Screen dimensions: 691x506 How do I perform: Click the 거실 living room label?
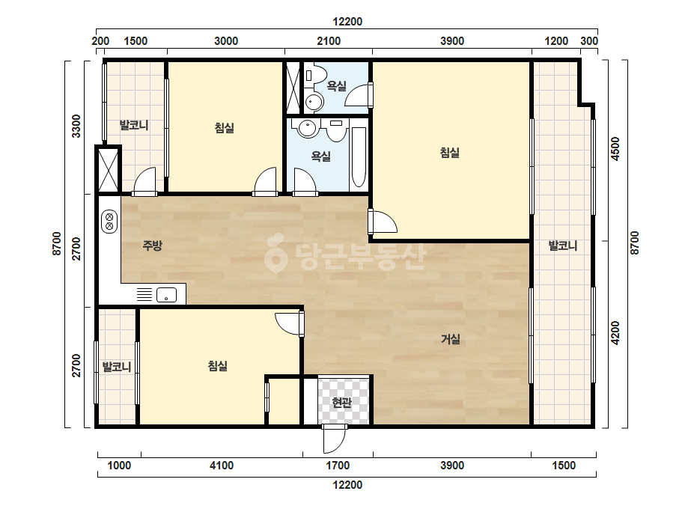tap(451, 339)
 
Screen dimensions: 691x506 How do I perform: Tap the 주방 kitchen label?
tap(153, 245)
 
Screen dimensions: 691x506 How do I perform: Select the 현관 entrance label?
tap(341, 402)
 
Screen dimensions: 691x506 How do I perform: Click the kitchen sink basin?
tap(167, 295)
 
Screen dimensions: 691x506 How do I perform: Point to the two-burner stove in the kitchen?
tap(109, 222)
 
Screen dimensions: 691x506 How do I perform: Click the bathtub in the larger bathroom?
tap(359, 157)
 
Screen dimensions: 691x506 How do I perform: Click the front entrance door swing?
tap(334, 439)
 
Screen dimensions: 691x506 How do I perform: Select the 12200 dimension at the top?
tap(347, 21)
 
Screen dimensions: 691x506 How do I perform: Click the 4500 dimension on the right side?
tap(615, 149)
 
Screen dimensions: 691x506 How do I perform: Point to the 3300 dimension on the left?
tap(76, 126)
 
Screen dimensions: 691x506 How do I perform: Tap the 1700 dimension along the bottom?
tap(338, 466)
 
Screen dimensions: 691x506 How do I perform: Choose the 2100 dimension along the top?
tap(329, 41)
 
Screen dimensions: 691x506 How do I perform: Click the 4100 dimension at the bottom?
tap(222, 466)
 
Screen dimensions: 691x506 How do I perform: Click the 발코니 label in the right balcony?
tap(563, 246)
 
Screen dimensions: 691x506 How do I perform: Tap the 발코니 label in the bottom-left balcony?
tap(117, 367)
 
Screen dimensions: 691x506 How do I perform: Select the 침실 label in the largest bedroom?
tap(450, 153)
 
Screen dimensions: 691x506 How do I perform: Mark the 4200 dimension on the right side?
tap(615, 333)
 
